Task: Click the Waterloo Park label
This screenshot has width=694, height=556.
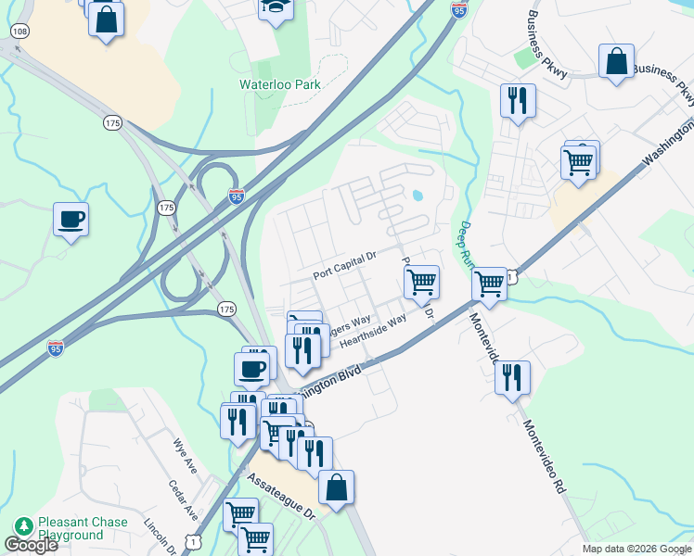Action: tap(280, 84)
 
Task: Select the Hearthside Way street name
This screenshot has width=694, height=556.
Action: tap(374, 331)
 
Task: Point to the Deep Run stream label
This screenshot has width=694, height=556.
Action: tap(468, 243)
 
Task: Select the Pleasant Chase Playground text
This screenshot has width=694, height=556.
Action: tap(82, 528)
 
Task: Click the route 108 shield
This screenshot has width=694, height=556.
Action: tap(19, 32)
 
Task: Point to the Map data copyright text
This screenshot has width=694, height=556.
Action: tap(636, 549)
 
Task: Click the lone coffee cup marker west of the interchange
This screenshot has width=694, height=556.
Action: tap(71, 220)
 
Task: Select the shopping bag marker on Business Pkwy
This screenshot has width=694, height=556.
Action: tap(616, 62)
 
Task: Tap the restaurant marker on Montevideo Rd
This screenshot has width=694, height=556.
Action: tap(511, 377)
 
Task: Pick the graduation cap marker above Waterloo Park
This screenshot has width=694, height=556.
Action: tap(274, 8)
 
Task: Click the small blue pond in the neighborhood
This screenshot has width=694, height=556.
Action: tap(417, 196)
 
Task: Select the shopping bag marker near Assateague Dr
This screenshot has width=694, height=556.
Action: tap(335, 487)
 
